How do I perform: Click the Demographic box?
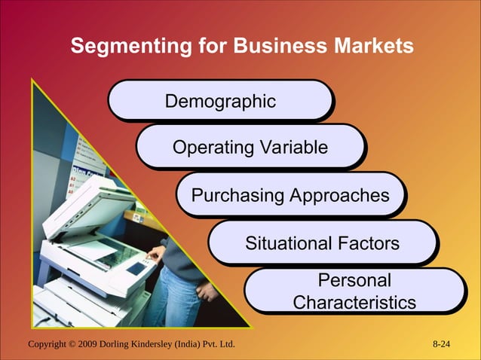point(220,101)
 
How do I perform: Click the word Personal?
point(354,281)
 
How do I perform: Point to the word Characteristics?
point(354,302)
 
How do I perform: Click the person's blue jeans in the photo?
point(181,290)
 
